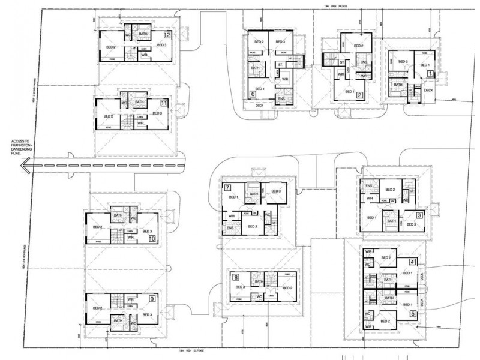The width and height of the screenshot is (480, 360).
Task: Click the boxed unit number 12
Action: click(167, 35)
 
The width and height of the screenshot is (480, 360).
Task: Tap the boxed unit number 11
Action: click(163, 103)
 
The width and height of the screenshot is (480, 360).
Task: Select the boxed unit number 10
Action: click(152, 238)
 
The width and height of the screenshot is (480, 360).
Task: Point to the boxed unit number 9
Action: click(152, 298)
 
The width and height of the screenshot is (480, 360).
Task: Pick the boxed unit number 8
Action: click(236, 277)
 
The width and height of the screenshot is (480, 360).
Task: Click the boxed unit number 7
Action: click(228, 188)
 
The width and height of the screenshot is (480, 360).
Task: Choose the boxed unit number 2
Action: click(359, 94)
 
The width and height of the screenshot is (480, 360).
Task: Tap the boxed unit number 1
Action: click(430, 73)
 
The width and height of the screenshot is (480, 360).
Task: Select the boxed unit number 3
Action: click(420, 215)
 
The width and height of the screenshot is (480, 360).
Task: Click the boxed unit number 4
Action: click(412, 262)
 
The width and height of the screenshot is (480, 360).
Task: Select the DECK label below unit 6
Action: click(259, 106)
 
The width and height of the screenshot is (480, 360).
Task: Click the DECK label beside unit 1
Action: click(428, 90)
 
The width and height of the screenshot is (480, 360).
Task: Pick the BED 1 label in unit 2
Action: click(350, 91)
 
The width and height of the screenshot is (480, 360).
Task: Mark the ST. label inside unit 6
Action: click(280, 65)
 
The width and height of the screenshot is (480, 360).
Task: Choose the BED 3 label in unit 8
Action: click(240, 287)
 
